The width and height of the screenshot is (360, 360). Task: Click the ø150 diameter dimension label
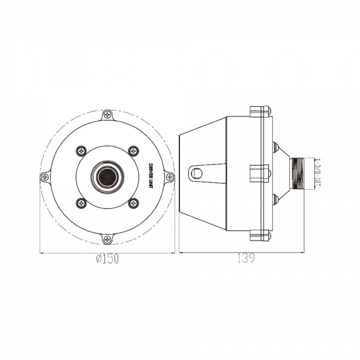coord(107,259)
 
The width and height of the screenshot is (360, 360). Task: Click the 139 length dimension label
coord(246,259)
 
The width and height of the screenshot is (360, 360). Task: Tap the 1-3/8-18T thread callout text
coord(318,173)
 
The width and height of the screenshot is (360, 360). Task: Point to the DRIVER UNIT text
coord(151,176)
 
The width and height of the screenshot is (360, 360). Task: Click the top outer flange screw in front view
coord(107,115)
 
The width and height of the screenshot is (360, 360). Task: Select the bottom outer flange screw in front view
coord(107,239)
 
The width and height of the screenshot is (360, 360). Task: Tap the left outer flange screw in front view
coord(45,177)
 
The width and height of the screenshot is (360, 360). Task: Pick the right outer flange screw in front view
coord(170,177)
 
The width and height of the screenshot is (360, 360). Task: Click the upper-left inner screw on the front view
coord(81,151)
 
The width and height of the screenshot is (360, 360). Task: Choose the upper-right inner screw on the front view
coord(133,151)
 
